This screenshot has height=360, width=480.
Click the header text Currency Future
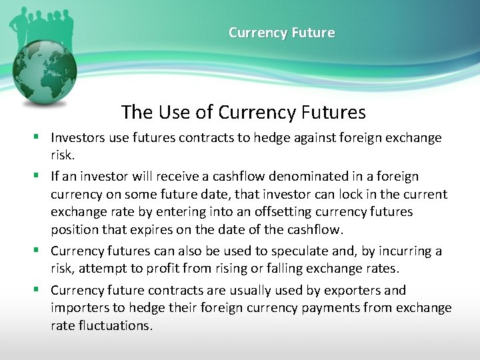281,33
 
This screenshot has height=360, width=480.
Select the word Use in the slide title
176,112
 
